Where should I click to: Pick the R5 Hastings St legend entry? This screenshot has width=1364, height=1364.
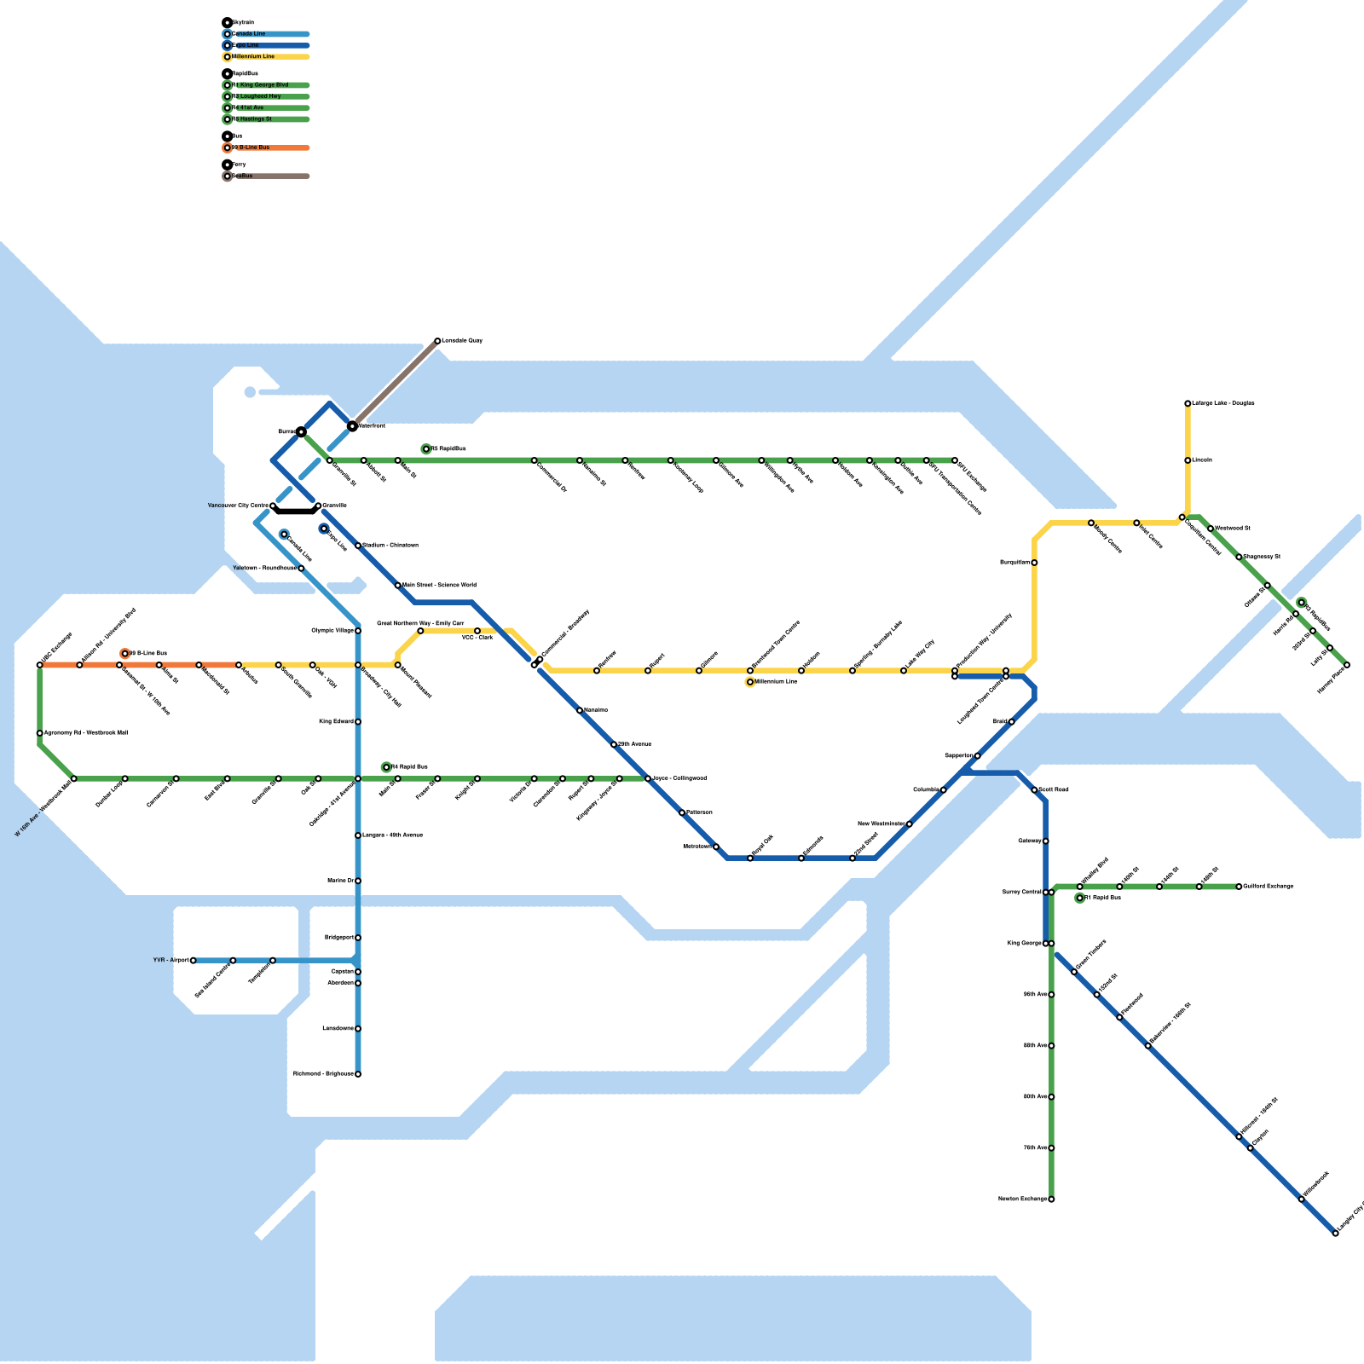256,119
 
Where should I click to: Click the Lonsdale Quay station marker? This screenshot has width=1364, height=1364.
437,341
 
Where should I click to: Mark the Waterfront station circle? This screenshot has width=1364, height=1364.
352,425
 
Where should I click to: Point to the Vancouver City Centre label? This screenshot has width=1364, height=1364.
238,506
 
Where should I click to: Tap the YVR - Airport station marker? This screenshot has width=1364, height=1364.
194,961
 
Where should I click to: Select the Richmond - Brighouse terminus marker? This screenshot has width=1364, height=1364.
358,1074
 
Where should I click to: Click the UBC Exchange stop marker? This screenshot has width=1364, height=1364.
40,665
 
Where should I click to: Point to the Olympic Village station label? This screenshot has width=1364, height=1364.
332,631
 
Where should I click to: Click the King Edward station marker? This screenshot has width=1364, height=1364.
358,722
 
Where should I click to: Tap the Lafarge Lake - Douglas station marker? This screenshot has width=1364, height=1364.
1188,403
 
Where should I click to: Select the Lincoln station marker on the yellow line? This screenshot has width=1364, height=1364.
1188,460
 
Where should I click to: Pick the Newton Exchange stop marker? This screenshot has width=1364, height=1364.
1051,1199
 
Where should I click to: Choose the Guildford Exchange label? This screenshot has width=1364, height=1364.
1268,887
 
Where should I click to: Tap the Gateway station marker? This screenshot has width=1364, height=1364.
1046,841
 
